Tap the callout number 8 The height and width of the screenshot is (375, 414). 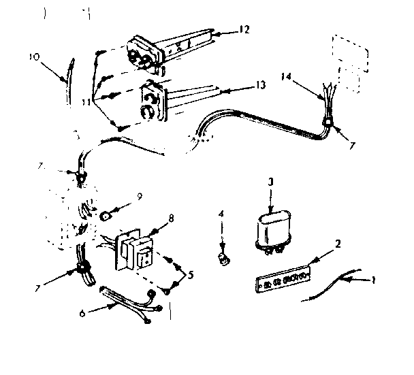(172, 218)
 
